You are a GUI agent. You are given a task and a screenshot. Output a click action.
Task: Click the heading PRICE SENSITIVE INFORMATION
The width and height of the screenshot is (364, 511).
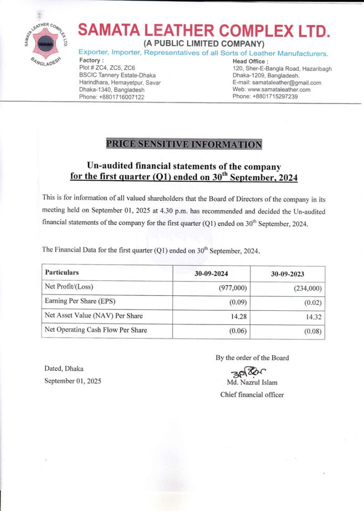click(x=183, y=144)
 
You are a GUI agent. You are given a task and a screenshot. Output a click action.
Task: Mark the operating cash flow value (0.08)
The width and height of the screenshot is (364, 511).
click(x=312, y=331)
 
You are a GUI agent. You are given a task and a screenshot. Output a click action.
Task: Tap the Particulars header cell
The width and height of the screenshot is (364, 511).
click(x=62, y=272)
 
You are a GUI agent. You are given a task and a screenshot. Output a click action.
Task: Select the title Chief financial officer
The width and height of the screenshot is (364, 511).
click(x=252, y=395)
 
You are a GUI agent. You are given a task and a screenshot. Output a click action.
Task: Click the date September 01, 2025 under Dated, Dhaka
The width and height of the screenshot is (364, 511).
click(x=72, y=381)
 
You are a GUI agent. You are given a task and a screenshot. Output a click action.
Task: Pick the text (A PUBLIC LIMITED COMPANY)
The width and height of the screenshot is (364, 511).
click(x=203, y=43)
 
